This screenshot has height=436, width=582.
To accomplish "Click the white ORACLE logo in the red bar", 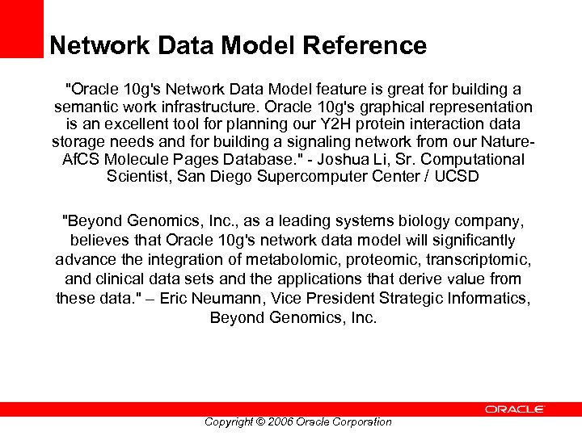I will (x=515, y=409).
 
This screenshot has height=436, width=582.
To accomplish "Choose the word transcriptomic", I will (x=478, y=258).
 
